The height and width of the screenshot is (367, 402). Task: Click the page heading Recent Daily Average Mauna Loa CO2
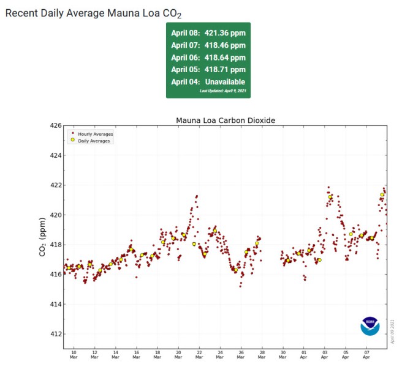93,12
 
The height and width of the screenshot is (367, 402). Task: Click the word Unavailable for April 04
224,81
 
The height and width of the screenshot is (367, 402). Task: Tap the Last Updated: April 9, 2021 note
222,91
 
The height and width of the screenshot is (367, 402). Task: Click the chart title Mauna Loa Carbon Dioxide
226,120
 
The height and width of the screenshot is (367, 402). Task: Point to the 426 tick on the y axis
55,125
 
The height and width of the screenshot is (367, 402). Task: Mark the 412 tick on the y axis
55,334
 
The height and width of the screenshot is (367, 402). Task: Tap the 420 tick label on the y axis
55,215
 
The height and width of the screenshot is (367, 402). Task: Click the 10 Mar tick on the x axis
74,355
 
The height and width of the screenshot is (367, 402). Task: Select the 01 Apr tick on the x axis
304,355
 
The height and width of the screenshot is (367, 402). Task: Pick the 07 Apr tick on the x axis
366,355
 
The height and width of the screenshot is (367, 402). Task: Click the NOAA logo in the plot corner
370,326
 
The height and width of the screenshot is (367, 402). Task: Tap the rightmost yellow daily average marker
382,195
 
